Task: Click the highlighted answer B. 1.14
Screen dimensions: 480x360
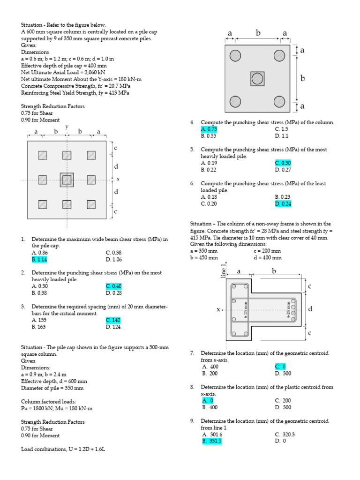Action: tap(39, 259)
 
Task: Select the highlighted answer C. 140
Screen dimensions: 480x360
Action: tap(113, 320)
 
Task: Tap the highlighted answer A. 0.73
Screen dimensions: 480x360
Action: tap(209, 129)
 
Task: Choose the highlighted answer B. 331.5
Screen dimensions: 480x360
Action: tap(211, 441)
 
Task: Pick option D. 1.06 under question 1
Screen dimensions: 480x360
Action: tap(113, 259)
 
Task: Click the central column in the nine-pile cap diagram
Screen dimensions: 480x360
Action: tap(67, 180)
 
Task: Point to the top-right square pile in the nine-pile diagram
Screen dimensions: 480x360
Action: tap(91, 155)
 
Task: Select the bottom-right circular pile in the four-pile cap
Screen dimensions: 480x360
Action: tap(279, 101)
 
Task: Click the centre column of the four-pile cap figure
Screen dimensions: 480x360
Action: tap(256, 79)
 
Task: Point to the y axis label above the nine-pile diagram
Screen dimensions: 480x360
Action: tap(67, 127)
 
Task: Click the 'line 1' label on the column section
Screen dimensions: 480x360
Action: tap(224, 271)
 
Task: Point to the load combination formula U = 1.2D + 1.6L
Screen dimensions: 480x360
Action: tap(63, 449)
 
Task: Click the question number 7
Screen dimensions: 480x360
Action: tap(192, 353)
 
